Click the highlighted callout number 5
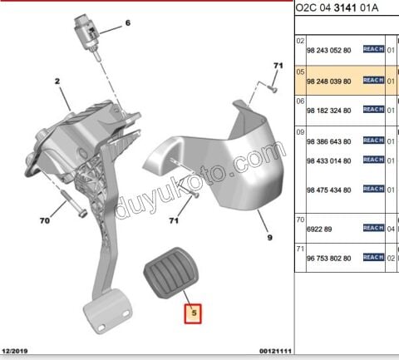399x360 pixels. click(x=193, y=313)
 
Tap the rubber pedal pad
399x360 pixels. click(x=171, y=274)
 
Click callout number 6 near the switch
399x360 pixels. click(x=128, y=22)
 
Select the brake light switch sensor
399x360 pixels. click(x=87, y=36)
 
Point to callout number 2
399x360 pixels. click(x=57, y=81)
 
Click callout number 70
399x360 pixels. click(x=45, y=220)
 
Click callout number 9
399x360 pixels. click(x=270, y=238)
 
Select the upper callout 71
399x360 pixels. click(x=278, y=66)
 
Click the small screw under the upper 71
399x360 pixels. click(x=273, y=89)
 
